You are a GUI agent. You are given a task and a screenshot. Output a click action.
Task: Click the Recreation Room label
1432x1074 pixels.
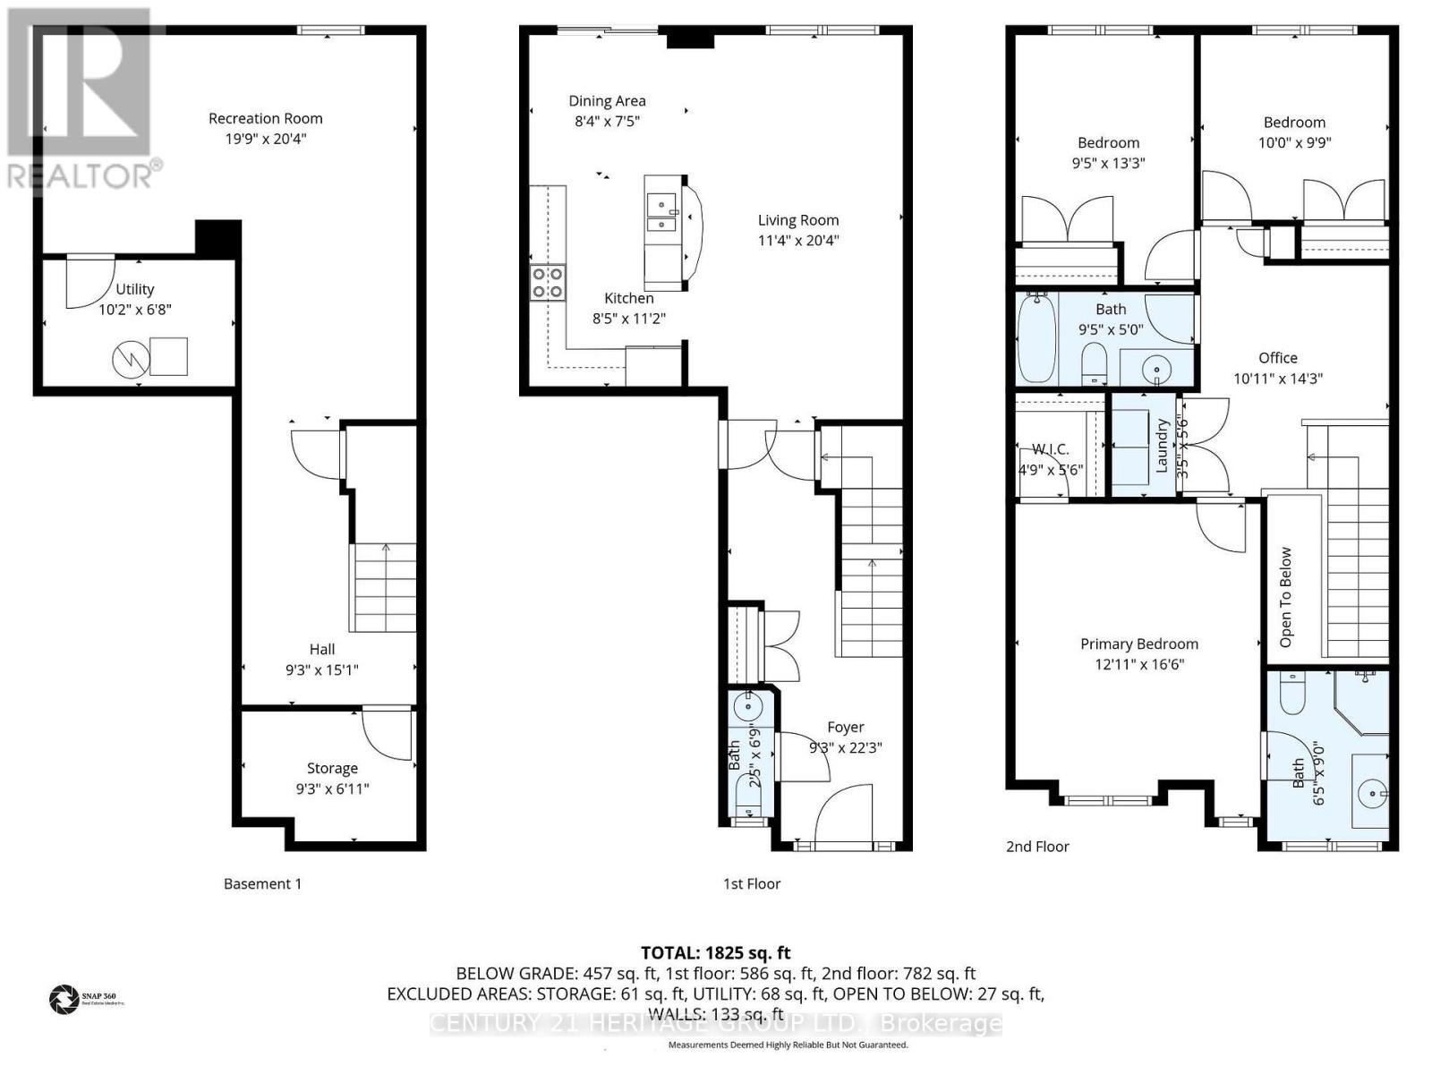tap(265, 118)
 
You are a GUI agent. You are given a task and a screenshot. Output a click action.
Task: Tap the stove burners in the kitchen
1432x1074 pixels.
tap(548, 283)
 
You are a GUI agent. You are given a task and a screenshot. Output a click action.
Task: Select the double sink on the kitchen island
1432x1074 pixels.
tap(661, 215)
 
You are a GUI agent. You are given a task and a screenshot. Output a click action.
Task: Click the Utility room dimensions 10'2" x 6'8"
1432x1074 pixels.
tap(134, 310)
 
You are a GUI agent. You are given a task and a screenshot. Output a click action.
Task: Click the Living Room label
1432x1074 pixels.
tap(798, 220)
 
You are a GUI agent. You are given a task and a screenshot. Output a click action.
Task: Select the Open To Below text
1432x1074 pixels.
tap(1286, 597)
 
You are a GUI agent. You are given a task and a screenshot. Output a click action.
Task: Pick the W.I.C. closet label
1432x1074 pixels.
tap(1050, 449)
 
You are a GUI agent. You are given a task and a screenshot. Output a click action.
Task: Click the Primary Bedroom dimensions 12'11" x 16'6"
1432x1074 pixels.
tap(1138, 664)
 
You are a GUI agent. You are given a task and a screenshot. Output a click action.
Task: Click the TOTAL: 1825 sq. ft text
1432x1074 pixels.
tap(715, 953)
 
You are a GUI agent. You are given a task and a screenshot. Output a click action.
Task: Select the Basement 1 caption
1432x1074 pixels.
tap(262, 884)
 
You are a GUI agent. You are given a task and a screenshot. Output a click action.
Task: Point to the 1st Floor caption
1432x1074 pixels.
tap(752, 884)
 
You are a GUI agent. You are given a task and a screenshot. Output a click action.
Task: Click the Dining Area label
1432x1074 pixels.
tap(607, 101)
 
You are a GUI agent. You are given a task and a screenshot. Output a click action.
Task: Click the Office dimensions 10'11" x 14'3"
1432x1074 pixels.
tap(1277, 379)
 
